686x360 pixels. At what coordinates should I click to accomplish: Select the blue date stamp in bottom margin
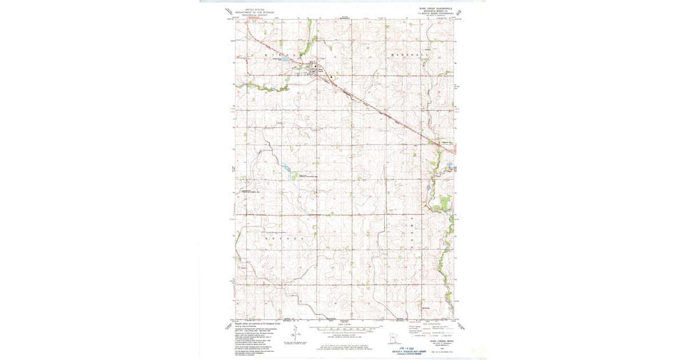click(x=406, y=347)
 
